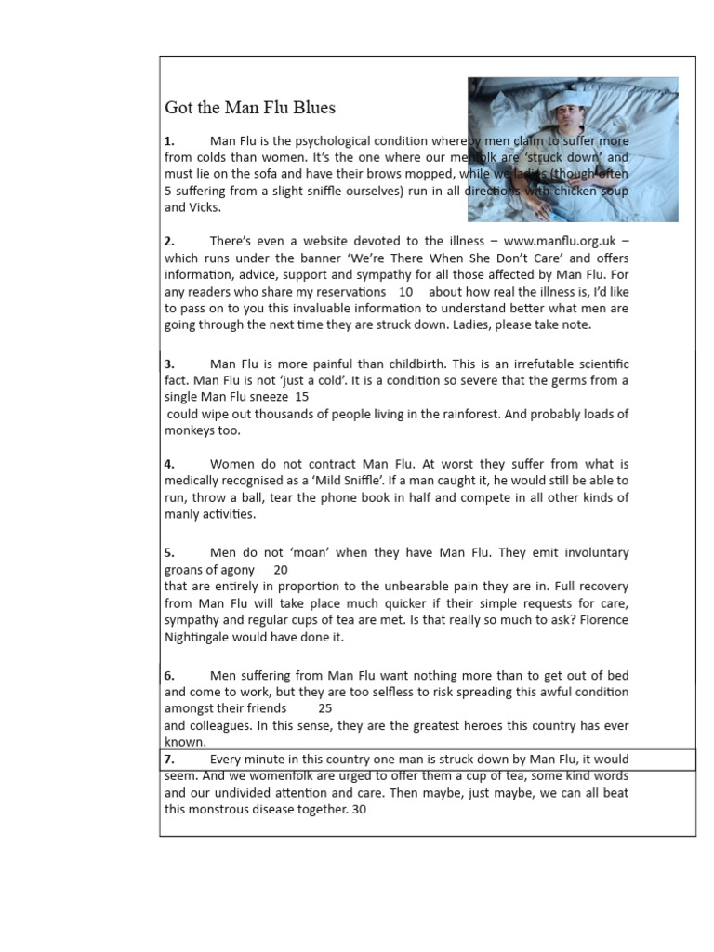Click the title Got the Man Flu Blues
[x=250, y=108]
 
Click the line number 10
[x=405, y=292]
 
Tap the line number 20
[x=281, y=570]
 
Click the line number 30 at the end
[x=360, y=809]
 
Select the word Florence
[x=600, y=620]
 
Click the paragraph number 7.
[x=169, y=760]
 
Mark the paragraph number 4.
[x=169, y=464]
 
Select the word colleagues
[x=222, y=726]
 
